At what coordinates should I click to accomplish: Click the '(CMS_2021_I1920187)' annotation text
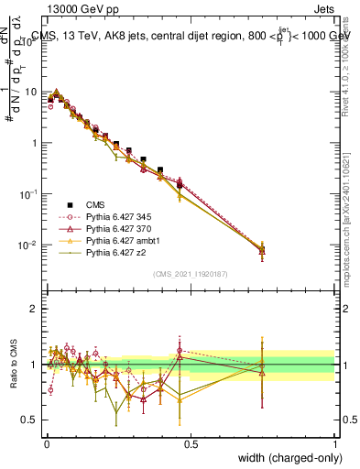(191, 273)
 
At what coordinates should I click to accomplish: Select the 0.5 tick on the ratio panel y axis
(32, 420)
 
